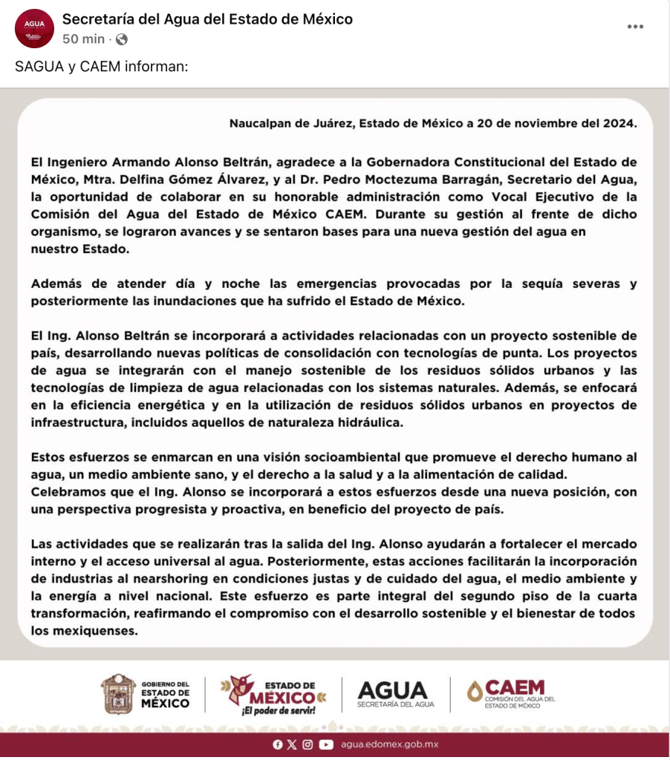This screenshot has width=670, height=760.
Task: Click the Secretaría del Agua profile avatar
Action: pyautogui.click(x=34, y=28)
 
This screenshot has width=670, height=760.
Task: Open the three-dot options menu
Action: pyautogui.click(x=635, y=27)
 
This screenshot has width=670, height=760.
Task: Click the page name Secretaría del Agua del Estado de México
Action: pyautogui.click(x=207, y=19)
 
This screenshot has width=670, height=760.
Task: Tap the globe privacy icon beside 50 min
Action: pyautogui.click(x=122, y=39)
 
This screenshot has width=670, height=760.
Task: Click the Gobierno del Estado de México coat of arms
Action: pyautogui.click(x=118, y=693)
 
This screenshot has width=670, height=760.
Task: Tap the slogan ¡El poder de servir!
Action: pyautogui.click(x=278, y=710)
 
